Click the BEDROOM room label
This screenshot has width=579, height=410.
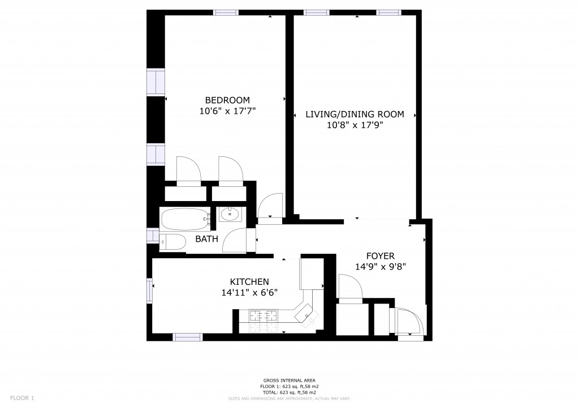point(227,100)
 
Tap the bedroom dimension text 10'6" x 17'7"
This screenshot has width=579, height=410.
point(227,111)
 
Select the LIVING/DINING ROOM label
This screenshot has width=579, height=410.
point(355,114)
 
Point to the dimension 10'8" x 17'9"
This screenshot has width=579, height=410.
point(355,125)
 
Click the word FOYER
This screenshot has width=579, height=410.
point(381,256)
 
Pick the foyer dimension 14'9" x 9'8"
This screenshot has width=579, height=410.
point(381,267)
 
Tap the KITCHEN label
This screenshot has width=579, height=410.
point(249,281)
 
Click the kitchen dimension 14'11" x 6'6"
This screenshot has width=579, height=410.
point(249,292)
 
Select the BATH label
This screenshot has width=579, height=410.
point(207,239)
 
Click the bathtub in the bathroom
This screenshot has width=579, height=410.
point(185,219)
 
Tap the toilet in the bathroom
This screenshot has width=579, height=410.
point(172,242)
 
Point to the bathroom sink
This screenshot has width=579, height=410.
point(230,214)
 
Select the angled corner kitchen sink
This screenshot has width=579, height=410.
point(306,315)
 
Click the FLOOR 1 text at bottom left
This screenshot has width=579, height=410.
point(22,398)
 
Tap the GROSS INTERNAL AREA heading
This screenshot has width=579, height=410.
point(289,381)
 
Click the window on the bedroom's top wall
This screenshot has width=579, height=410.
point(226,12)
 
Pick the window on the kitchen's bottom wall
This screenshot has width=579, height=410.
point(188,337)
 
